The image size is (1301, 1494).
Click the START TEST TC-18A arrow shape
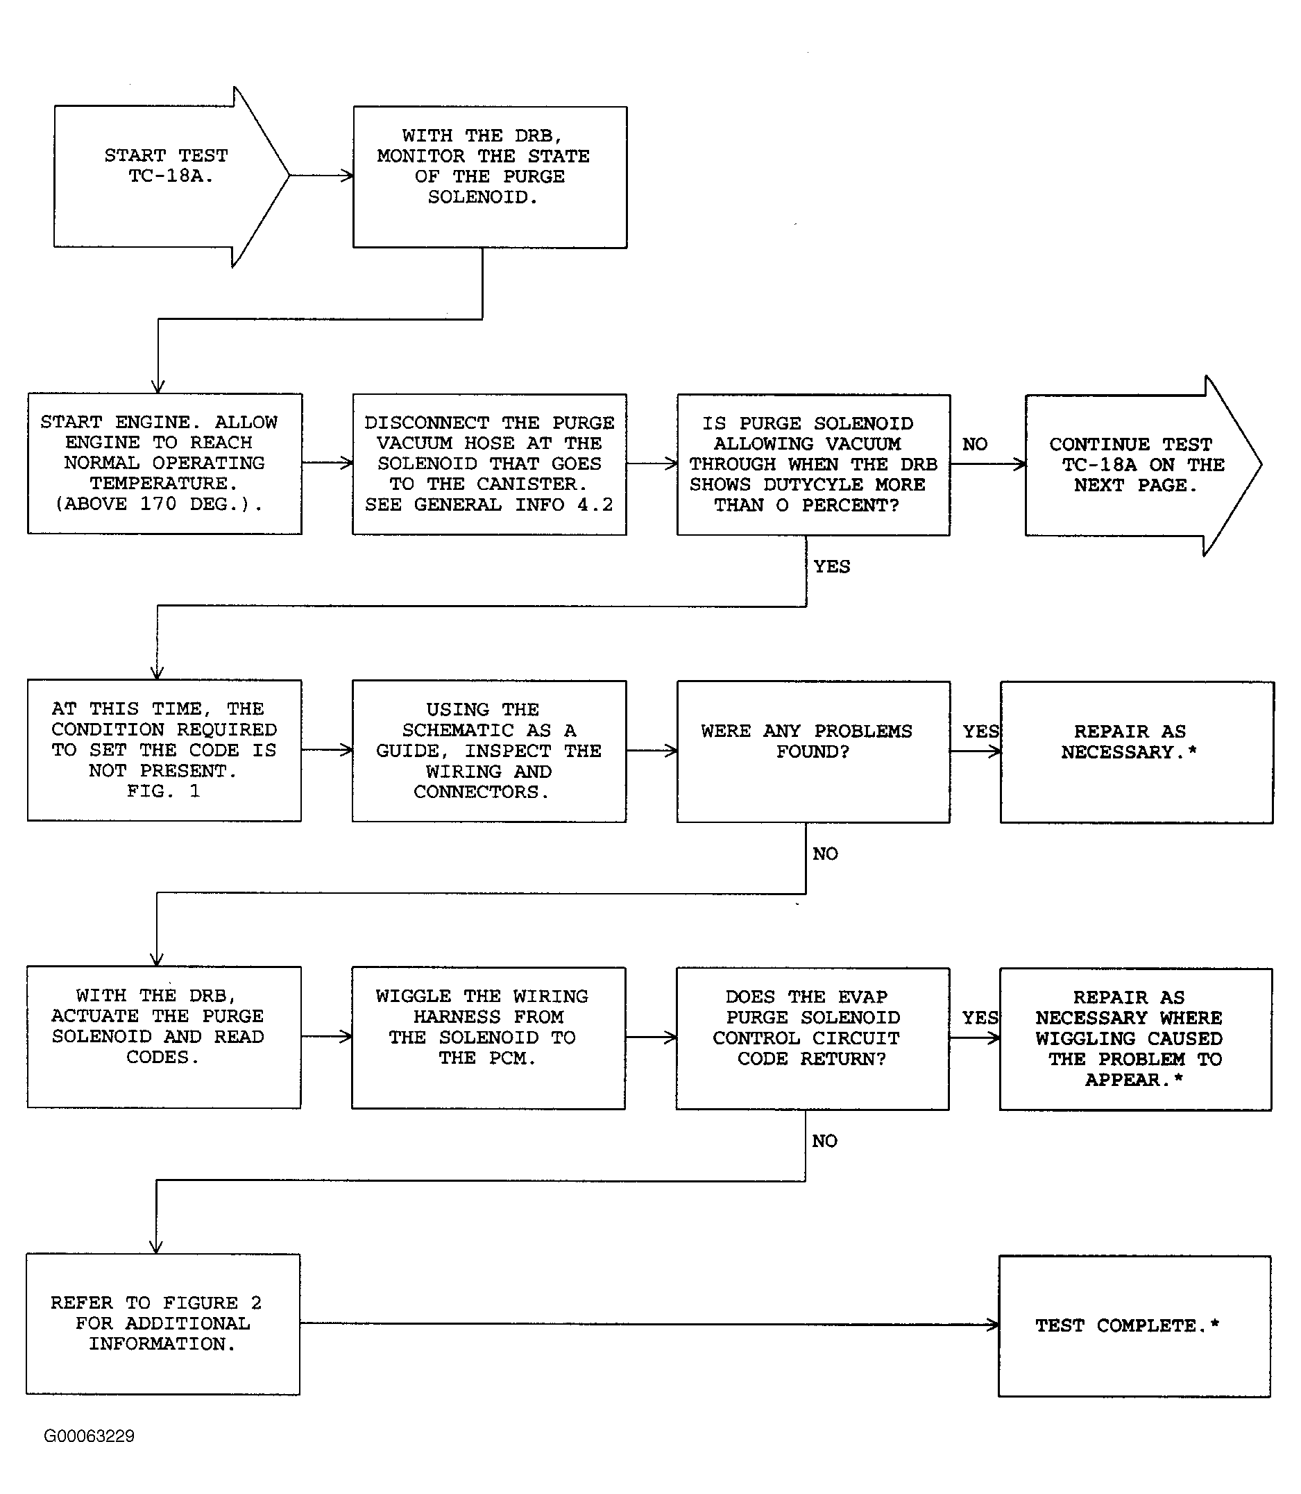point(171,176)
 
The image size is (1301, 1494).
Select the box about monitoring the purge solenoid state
point(490,177)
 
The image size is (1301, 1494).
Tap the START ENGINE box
point(165,464)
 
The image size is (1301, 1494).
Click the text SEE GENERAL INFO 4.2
point(489,504)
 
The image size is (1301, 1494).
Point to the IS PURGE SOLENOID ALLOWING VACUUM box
point(813,465)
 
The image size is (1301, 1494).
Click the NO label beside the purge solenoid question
point(974,444)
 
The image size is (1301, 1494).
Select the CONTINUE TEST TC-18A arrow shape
point(1143,466)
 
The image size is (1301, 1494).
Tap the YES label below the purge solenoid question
point(832,566)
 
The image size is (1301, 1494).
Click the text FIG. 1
point(163,791)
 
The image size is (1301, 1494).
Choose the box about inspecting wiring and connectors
point(489,752)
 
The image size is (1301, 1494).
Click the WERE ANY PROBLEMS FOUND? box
point(813,752)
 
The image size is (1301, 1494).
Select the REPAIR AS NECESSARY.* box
point(1136,752)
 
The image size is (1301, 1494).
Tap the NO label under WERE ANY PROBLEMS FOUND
point(826,854)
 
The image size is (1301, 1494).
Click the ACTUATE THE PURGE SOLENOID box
point(164,1037)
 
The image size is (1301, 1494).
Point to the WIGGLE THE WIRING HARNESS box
point(488,1038)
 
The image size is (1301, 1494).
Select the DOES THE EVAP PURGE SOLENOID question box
point(813,1039)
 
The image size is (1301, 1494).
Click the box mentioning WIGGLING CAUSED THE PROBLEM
point(1135,1039)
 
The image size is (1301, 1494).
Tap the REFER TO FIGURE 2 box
point(163,1324)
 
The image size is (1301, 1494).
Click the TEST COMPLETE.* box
point(1134,1326)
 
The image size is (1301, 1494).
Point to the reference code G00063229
point(90,1436)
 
